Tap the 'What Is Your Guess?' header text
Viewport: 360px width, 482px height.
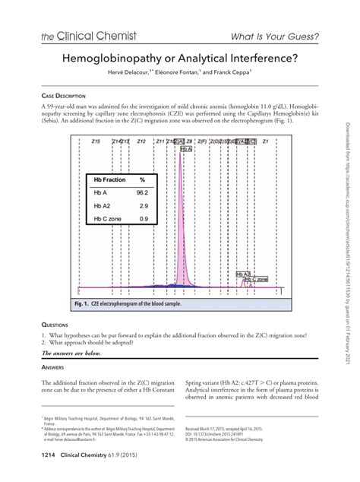(x=275, y=36)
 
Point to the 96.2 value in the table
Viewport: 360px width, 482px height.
(x=141, y=193)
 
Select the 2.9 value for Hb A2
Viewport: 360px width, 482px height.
(x=141, y=206)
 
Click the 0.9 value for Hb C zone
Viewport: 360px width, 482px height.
(x=141, y=219)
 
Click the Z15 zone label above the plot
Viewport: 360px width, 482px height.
(x=94, y=141)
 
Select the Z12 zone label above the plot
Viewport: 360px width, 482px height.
(x=141, y=141)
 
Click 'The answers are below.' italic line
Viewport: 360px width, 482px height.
(x=74, y=354)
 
